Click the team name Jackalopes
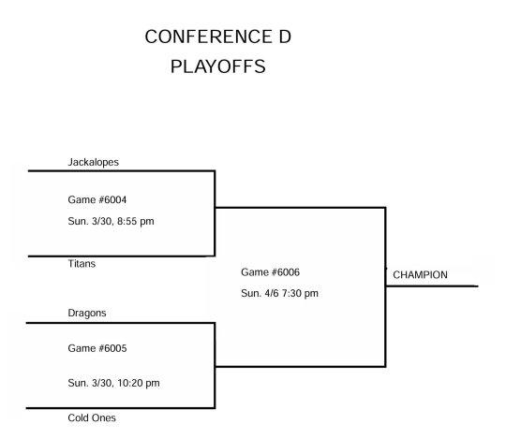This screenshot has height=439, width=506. tap(94, 162)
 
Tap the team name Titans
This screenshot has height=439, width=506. tap(82, 264)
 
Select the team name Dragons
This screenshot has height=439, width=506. tap(87, 314)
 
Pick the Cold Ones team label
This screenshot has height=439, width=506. tap(92, 418)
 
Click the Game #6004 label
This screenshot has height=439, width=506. tap(97, 199)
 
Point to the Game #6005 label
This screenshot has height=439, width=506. tap(97, 348)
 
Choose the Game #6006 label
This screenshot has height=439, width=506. tap(270, 272)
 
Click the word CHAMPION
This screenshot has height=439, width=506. tap(420, 275)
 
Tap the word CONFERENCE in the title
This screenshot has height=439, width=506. tap(208, 37)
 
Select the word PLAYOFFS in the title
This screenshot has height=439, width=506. tap(218, 66)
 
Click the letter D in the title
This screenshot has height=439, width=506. tap(285, 37)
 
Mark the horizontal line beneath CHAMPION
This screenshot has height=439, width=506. tap(432, 285)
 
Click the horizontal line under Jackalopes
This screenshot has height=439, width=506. tap(122, 171)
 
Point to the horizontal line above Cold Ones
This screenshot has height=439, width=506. tap(120, 408)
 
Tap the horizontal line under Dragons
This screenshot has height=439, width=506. tap(120, 323)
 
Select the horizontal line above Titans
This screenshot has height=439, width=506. tap(122, 256)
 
